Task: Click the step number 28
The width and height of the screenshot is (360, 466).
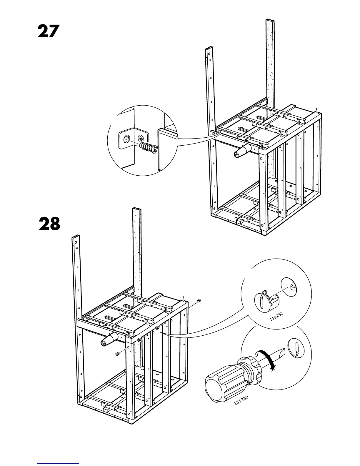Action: (x=49, y=224)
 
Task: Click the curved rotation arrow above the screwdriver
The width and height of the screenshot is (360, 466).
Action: (x=267, y=358)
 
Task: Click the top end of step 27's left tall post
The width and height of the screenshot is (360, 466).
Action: (x=209, y=49)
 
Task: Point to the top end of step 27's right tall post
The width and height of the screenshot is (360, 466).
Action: (x=270, y=21)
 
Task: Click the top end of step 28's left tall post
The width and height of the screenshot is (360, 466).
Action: (x=76, y=237)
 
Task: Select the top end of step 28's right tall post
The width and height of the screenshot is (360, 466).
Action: (x=137, y=209)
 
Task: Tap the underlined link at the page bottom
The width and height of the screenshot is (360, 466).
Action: (x=58, y=464)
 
